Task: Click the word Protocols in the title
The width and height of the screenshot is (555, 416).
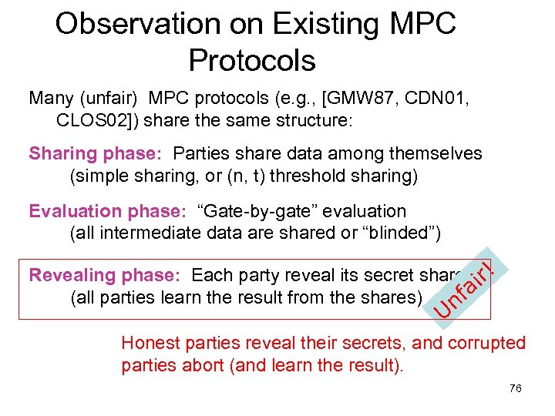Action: [252, 60]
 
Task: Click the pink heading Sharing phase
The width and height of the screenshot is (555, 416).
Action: [98, 154]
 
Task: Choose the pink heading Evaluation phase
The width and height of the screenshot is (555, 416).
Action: [107, 211]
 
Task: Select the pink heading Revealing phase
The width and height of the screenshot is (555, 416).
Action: [106, 276]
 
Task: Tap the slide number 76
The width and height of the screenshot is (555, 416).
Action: [516, 388]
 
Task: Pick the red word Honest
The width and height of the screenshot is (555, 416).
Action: [150, 344]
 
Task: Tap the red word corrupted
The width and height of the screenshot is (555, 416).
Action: [485, 344]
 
